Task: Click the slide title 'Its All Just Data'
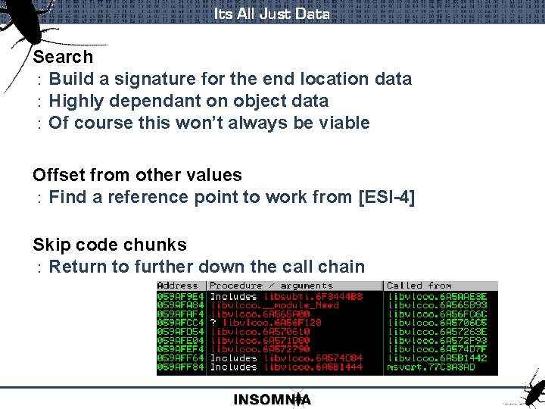tap(272, 14)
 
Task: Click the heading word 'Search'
tap(63, 57)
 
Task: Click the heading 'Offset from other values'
tap(137, 175)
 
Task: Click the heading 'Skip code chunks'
tap(109, 245)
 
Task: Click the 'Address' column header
tap(177, 286)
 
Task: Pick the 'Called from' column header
tap(419, 286)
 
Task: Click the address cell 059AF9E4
tap(180, 296)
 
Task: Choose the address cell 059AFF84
tap(180, 367)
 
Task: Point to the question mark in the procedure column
tap(213, 323)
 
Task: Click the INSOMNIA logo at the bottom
tap(272, 399)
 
